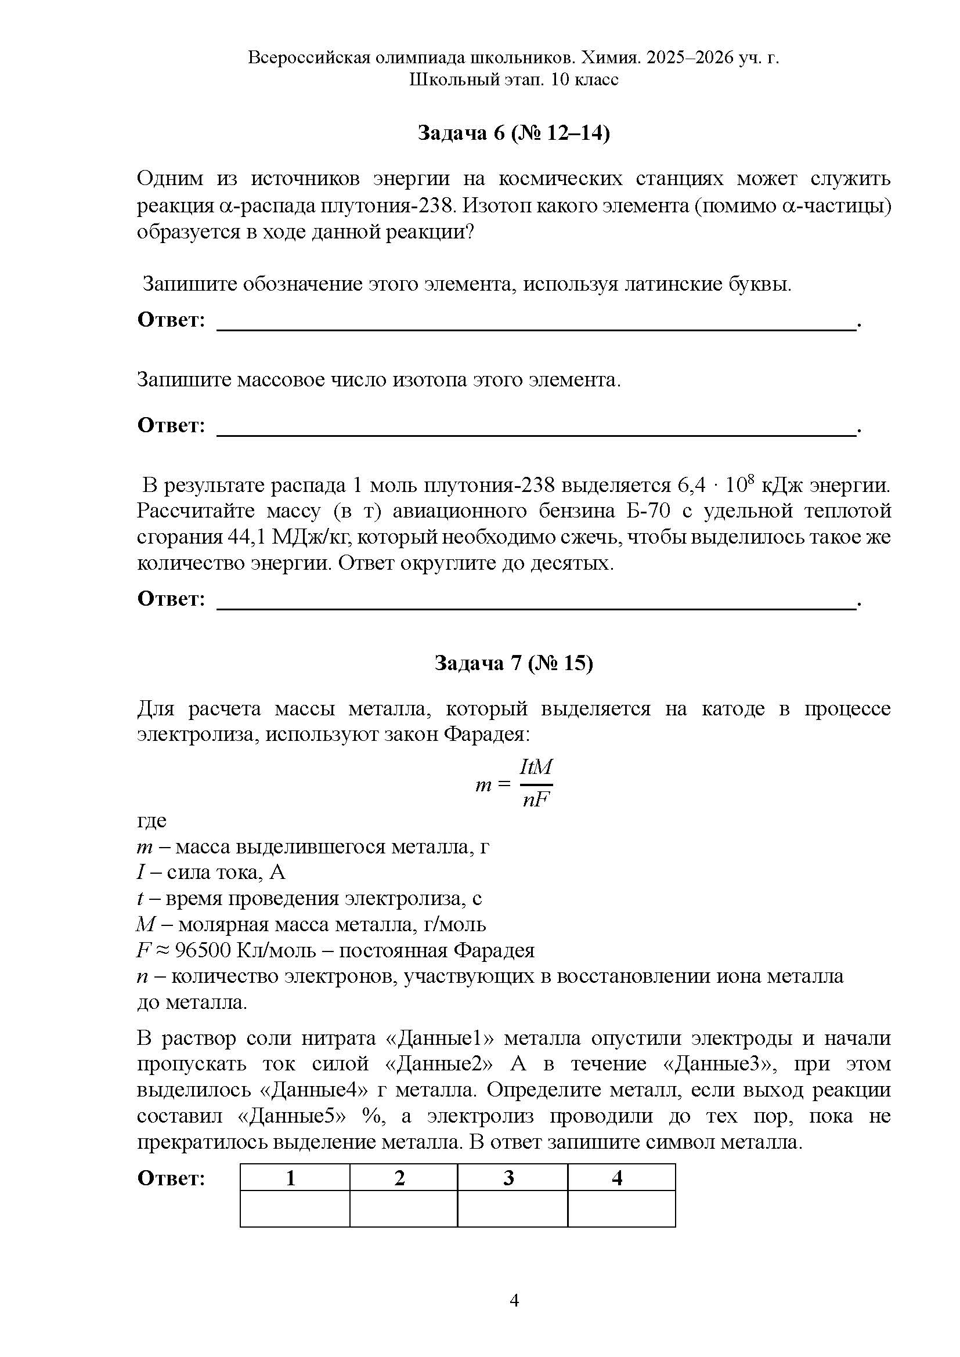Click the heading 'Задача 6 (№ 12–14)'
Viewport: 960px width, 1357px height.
click(x=513, y=133)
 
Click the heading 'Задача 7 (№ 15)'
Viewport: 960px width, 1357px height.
click(x=513, y=663)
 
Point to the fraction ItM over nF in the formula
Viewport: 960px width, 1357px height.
click(x=536, y=784)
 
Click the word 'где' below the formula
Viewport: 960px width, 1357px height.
click(x=152, y=821)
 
